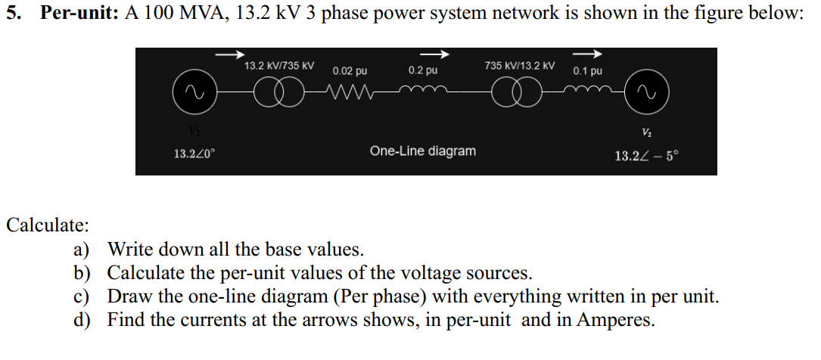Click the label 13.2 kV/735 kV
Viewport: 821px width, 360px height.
click(x=278, y=66)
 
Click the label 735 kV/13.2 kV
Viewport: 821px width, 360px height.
click(x=519, y=66)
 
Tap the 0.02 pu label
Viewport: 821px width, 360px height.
click(x=350, y=71)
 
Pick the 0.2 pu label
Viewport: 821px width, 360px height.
click(x=422, y=70)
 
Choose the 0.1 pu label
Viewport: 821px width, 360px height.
click(x=588, y=71)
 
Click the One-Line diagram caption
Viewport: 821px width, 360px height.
click(x=423, y=151)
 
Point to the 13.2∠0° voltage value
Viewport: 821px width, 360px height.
click(x=194, y=154)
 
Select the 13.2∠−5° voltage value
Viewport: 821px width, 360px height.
click(x=647, y=157)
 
